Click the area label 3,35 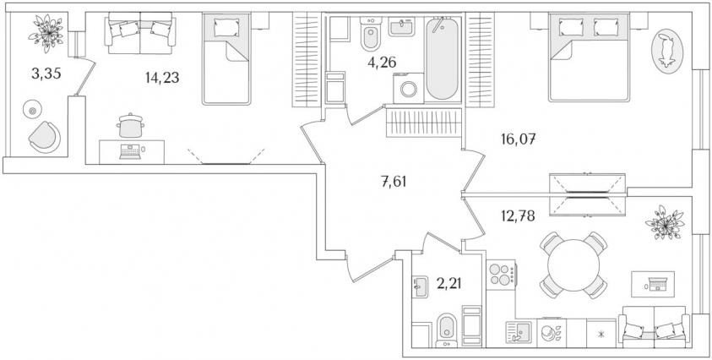(x=46, y=74)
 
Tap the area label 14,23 (x=162, y=78)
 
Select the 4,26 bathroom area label (x=382, y=63)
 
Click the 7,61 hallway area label (x=394, y=182)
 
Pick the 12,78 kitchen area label (x=518, y=215)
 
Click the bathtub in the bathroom (x=443, y=58)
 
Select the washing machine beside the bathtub (x=408, y=89)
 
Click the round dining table (x=573, y=265)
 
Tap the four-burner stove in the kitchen (x=501, y=275)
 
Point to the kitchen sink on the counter (x=518, y=332)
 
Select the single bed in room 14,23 (x=226, y=58)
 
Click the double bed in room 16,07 (x=589, y=57)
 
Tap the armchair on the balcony (x=45, y=137)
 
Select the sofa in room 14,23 (x=140, y=33)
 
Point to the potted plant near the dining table (x=665, y=222)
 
